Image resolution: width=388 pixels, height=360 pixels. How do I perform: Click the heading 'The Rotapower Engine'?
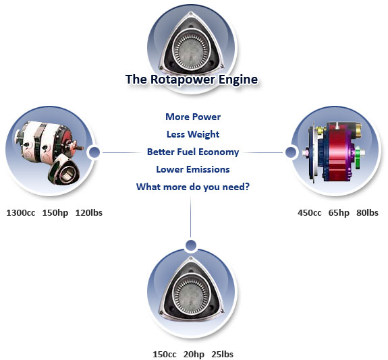[192, 80]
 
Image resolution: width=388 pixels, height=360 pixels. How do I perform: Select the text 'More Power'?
[193, 117]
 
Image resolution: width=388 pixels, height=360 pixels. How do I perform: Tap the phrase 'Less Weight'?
[193, 134]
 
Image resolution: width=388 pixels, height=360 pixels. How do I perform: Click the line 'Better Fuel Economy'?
[193, 152]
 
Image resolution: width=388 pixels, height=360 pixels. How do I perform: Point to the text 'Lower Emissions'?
[193, 169]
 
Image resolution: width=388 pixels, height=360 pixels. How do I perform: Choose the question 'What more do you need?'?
[193, 187]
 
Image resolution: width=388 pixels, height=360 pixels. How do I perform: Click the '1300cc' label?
[21, 212]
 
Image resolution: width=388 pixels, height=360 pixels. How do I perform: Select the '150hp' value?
[55, 213]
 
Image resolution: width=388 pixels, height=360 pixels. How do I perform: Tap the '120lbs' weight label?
[89, 212]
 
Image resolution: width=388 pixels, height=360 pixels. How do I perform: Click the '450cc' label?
[310, 212]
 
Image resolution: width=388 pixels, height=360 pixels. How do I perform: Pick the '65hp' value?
[339, 213]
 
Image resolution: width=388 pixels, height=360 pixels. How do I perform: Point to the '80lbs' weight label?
[368, 212]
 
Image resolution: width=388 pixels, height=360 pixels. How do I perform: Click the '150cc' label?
[165, 354]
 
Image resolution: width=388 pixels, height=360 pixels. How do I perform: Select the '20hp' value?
[194, 355]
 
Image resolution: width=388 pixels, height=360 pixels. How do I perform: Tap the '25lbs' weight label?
[223, 354]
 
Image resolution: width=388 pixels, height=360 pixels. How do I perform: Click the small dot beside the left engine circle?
[94, 152]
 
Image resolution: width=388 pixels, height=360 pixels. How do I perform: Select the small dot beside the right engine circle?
[291, 152]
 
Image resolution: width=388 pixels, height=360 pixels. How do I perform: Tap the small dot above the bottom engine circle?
[191, 245]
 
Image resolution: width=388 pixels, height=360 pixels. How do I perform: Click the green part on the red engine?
[358, 158]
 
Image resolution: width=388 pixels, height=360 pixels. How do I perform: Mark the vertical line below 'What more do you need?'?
[190, 217]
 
